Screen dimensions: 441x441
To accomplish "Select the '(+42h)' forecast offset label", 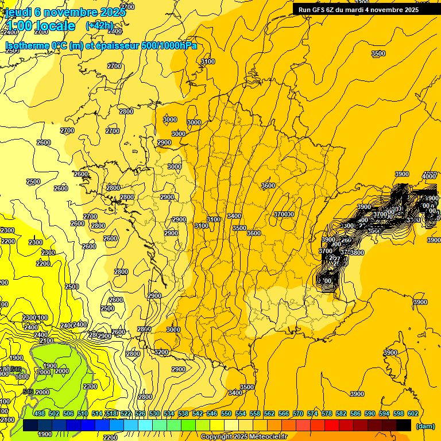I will coord(99,26).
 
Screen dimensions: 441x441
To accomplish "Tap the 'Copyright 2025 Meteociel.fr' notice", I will coord(243,437).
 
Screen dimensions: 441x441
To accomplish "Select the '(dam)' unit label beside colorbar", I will coord(425,427).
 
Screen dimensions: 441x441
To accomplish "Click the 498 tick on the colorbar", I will coord(40,413).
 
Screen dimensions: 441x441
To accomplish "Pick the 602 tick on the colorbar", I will coord(412,413).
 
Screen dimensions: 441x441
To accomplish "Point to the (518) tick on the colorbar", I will coord(111,413).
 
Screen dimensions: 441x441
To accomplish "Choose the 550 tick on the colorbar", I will coord(226,413).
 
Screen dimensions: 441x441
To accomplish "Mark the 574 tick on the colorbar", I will coord(312,413).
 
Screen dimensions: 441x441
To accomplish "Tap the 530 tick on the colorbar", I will coord(154,413).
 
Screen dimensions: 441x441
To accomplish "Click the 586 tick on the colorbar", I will coord(355,413).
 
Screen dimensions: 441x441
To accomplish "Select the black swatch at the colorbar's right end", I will coord(404,425).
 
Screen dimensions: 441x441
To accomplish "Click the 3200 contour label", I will coord(161,352).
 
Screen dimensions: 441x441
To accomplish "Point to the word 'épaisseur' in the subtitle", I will coord(115,46).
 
